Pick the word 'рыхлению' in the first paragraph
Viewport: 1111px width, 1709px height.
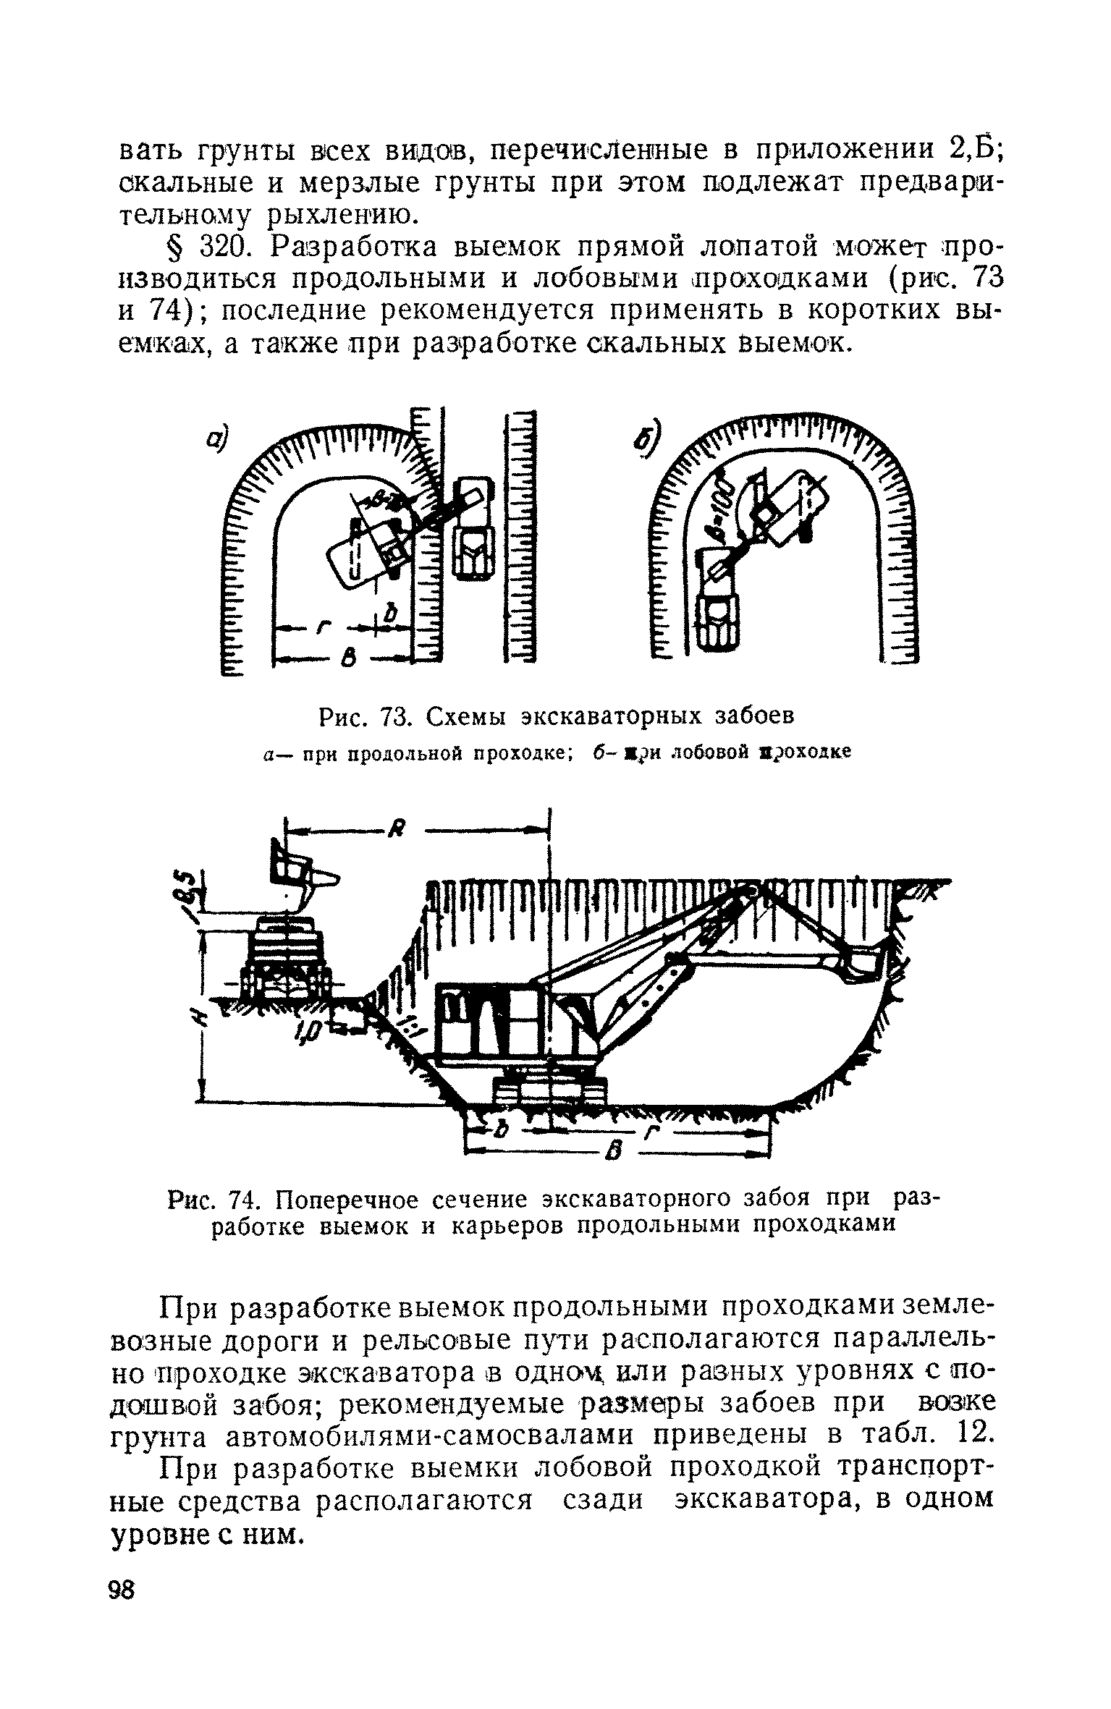pyautogui.click(x=354, y=213)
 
